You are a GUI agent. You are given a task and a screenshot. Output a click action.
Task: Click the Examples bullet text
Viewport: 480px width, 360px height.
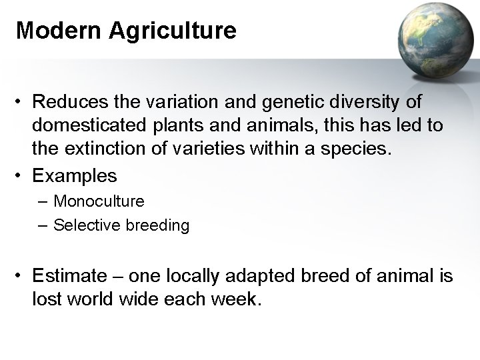click(x=74, y=175)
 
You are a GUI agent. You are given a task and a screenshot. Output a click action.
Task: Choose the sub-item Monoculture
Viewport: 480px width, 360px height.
click(x=99, y=201)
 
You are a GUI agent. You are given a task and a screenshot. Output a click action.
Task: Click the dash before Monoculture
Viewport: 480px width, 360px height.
click(x=44, y=201)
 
